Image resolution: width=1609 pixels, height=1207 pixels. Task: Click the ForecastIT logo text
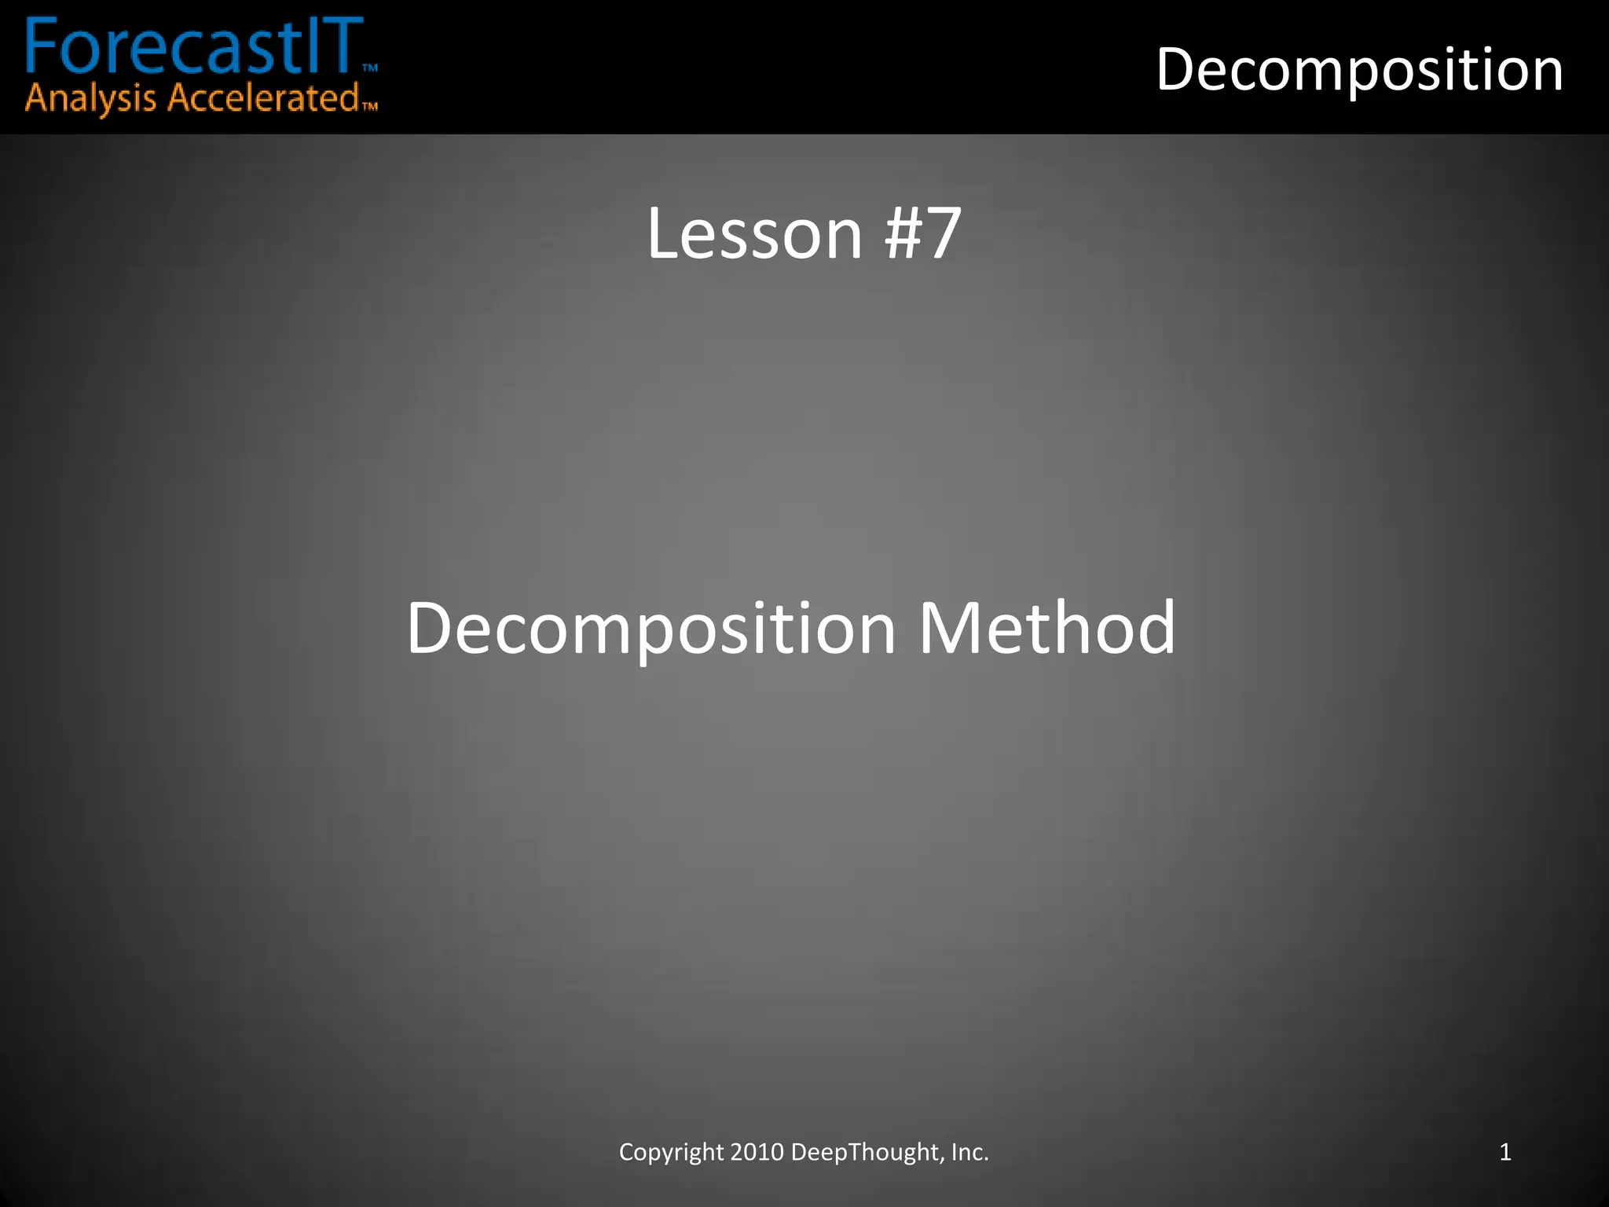pos(192,47)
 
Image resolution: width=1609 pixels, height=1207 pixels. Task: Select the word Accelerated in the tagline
pos(263,98)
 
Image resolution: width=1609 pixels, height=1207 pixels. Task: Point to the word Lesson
pos(754,233)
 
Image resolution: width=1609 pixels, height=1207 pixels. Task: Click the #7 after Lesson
pos(922,233)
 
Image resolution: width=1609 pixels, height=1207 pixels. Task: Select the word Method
pos(1047,628)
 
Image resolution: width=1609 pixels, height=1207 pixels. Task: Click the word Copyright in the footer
pos(671,1152)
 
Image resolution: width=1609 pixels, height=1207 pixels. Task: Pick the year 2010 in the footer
pos(757,1152)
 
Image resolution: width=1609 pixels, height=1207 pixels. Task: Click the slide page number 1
pos(1505,1152)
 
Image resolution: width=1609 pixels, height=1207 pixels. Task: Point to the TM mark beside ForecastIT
pos(370,68)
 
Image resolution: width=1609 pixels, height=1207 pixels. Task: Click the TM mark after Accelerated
pos(369,106)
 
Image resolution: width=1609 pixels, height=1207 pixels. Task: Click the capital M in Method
pos(951,628)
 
